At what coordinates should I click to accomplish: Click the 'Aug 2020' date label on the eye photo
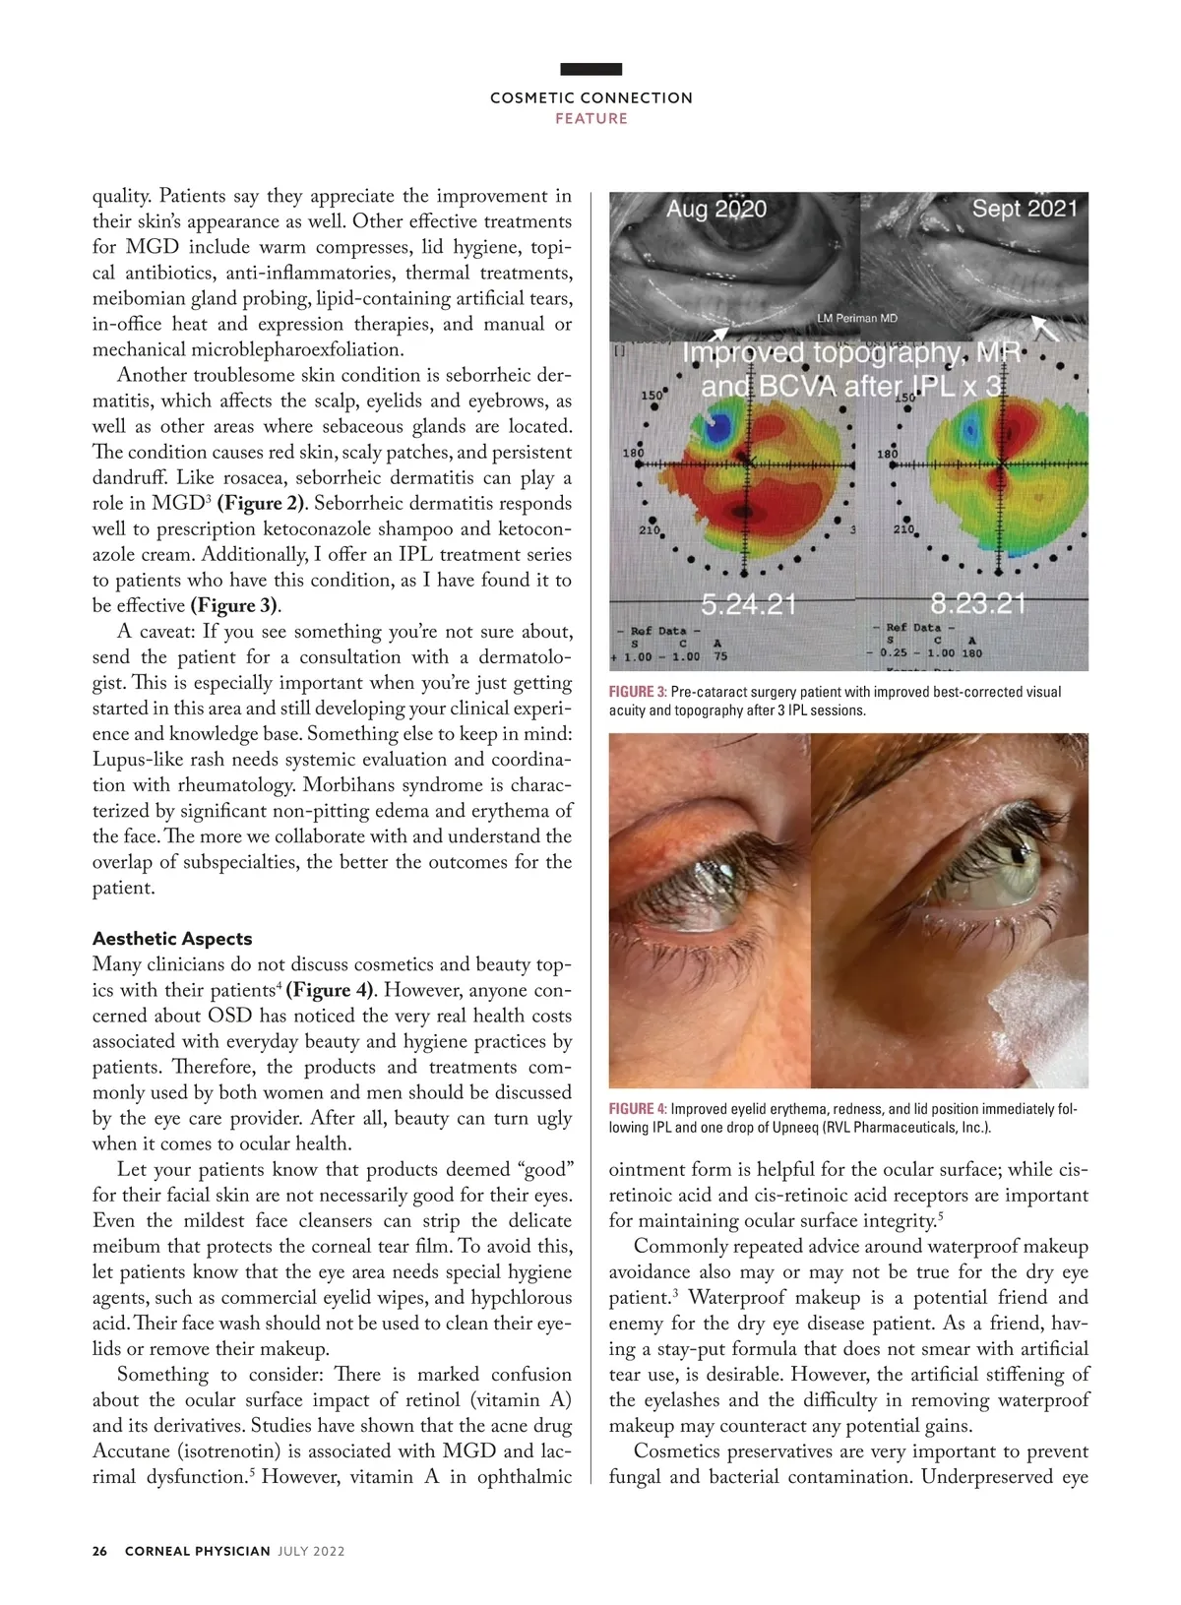[x=715, y=210]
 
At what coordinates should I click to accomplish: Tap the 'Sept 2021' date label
[x=1025, y=209]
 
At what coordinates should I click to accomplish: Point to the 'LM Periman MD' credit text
[x=856, y=319]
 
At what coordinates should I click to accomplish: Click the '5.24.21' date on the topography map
[x=748, y=604]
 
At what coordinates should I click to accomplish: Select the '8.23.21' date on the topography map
[x=977, y=603]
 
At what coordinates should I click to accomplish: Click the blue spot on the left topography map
[x=719, y=426]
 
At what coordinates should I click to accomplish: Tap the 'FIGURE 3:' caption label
[x=637, y=692]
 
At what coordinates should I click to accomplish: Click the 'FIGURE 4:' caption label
[x=637, y=1109]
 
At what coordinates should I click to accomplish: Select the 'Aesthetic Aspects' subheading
[x=172, y=939]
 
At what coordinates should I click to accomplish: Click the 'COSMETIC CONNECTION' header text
[x=591, y=98]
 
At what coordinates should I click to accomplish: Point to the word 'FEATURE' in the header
[x=591, y=119]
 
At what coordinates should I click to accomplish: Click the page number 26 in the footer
[x=99, y=1551]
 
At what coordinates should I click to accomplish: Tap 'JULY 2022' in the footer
[x=311, y=1551]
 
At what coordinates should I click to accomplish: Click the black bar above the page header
[x=591, y=69]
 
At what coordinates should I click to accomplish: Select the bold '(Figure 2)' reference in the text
[x=262, y=504]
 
